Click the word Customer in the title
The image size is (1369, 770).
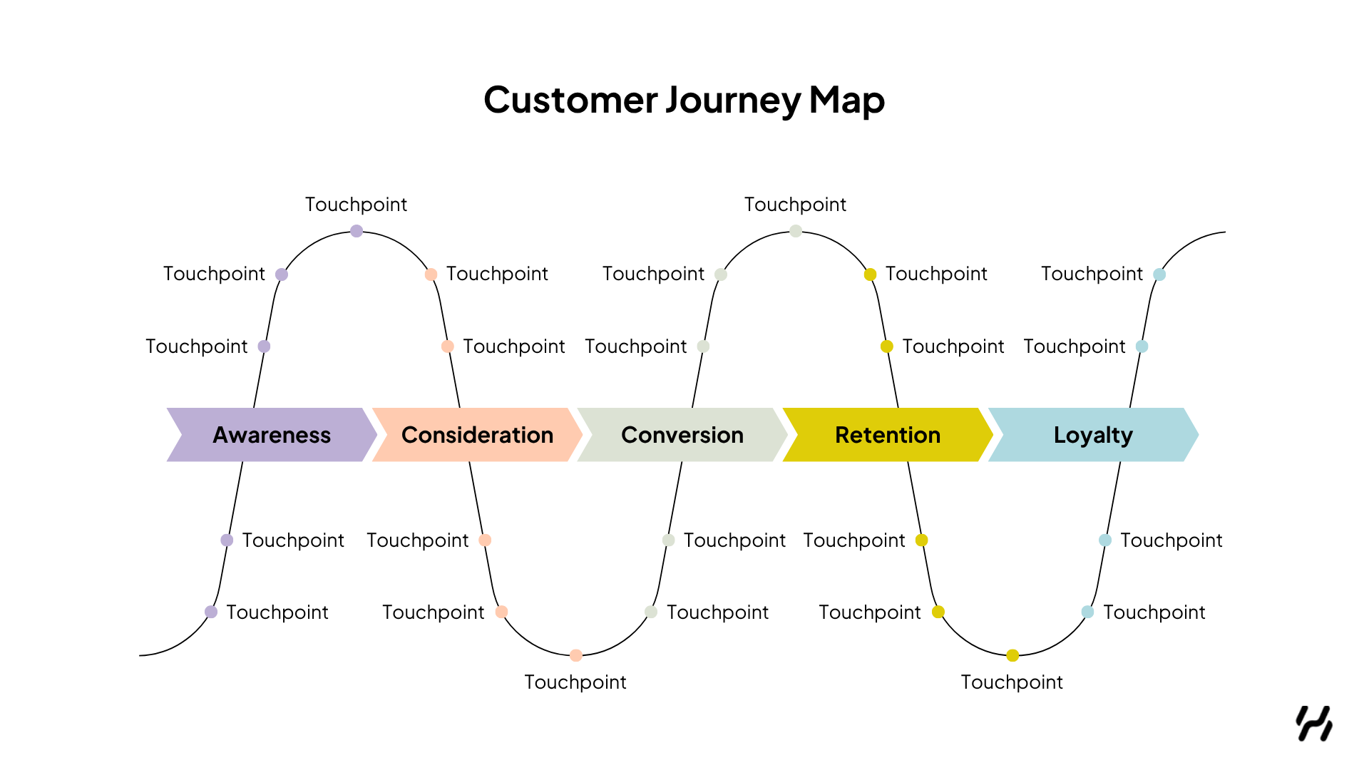click(570, 100)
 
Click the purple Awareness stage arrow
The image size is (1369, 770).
click(272, 435)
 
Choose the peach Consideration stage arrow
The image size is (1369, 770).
click(477, 435)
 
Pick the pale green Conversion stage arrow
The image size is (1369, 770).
click(682, 435)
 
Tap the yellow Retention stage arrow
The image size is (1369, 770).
click(888, 435)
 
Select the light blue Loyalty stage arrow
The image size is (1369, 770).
click(1093, 435)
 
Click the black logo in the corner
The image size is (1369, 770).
click(1314, 724)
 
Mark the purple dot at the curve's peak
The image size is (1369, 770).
click(357, 231)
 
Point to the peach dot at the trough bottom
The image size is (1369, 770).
click(576, 655)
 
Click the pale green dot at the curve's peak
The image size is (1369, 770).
click(796, 231)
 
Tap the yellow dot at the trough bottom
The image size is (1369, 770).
click(1012, 655)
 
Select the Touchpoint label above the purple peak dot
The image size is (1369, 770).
click(356, 205)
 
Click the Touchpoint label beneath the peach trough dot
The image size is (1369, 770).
click(575, 682)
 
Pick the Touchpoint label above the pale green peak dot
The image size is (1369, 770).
click(795, 205)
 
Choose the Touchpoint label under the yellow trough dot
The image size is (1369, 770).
click(1012, 682)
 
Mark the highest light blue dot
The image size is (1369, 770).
click(1159, 274)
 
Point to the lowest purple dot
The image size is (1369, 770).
click(211, 612)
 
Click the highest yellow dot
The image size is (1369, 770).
click(870, 274)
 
